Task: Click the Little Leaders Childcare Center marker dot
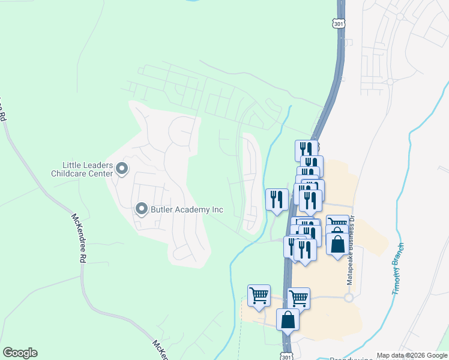(x=122, y=169)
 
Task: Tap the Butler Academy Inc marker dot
(x=142, y=209)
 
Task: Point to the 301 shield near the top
(x=339, y=23)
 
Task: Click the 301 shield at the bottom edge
(x=286, y=356)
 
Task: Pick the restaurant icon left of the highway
(x=276, y=200)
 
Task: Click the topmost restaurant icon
(x=306, y=150)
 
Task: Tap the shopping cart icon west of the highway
(x=259, y=296)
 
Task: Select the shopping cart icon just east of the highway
(x=298, y=298)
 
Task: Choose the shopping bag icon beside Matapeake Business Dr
(x=338, y=244)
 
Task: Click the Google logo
(x=20, y=353)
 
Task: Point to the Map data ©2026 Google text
(x=411, y=355)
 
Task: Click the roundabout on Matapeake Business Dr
(x=348, y=297)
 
